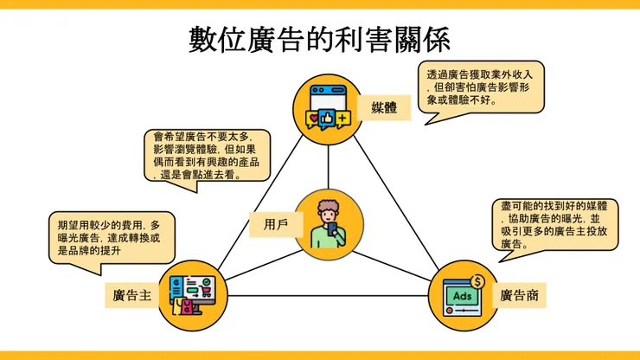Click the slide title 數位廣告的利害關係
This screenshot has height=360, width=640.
click(319, 40)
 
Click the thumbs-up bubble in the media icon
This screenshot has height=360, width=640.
click(328, 117)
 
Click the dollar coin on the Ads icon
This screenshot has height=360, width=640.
click(477, 280)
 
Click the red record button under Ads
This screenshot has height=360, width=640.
click(450, 308)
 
